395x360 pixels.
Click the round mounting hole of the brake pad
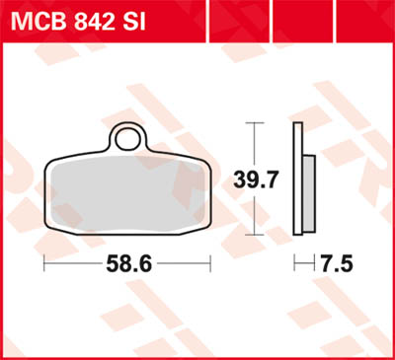126,135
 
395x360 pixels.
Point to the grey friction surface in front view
128,187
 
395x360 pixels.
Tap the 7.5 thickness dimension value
335,264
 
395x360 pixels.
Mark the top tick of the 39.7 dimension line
255,122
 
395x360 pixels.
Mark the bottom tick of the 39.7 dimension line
255,234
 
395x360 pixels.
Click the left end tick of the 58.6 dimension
44,264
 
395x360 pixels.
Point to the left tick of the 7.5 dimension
295,264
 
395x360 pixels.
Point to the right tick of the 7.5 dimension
315,264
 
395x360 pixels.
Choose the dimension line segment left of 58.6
75,264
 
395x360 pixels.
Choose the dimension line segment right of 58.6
183,264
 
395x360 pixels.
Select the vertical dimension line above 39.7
255,144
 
